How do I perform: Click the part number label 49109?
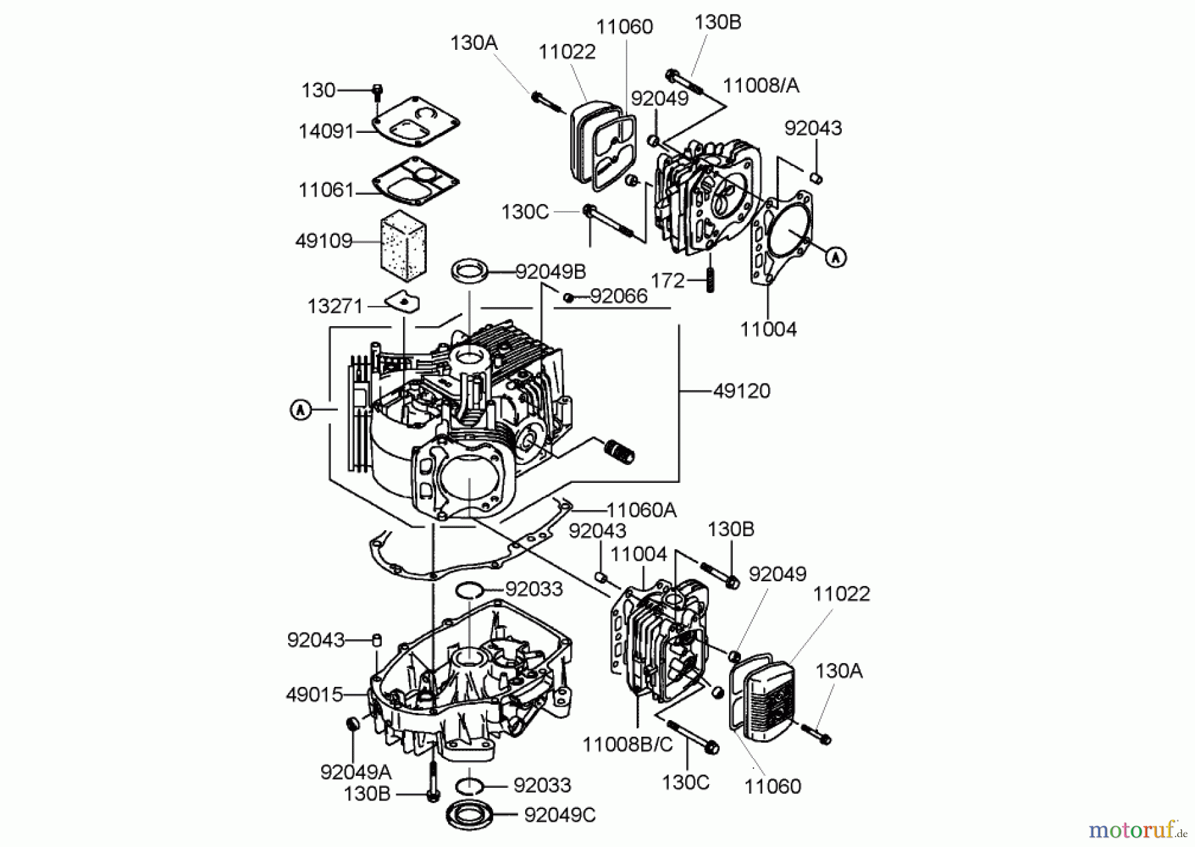click(323, 240)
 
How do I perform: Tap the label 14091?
click(326, 131)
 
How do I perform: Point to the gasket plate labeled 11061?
click(416, 181)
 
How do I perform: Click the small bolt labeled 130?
click(377, 91)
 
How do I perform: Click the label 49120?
click(742, 391)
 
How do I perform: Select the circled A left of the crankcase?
click(301, 410)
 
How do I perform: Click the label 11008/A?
click(761, 86)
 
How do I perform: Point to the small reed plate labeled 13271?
click(404, 303)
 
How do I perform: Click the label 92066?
click(618, 296)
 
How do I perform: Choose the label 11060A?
click(641, 510)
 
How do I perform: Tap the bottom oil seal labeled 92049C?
click(471, 813)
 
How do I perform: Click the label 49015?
click(314, 695)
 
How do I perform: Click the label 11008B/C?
click(627, 745)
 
